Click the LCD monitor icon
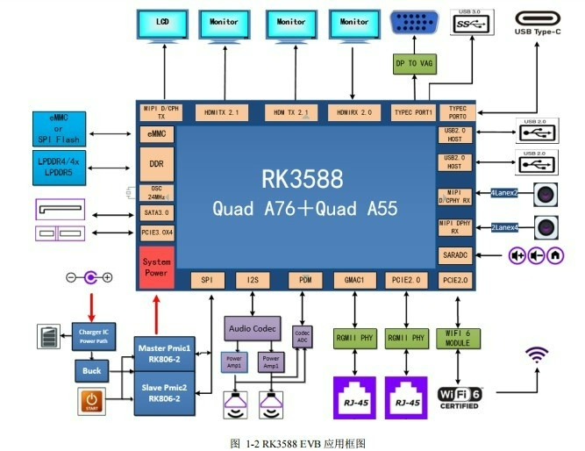(x=162, y=26)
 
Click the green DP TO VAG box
(x=414, y=63)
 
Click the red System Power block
(x=156, y=267)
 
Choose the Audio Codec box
(x=252, y=328)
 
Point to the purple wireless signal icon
(x=536, y=355)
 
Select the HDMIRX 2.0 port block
(x=354, y=112)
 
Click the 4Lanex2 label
(x=503, y=193)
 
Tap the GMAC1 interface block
(x=354, y=280)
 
